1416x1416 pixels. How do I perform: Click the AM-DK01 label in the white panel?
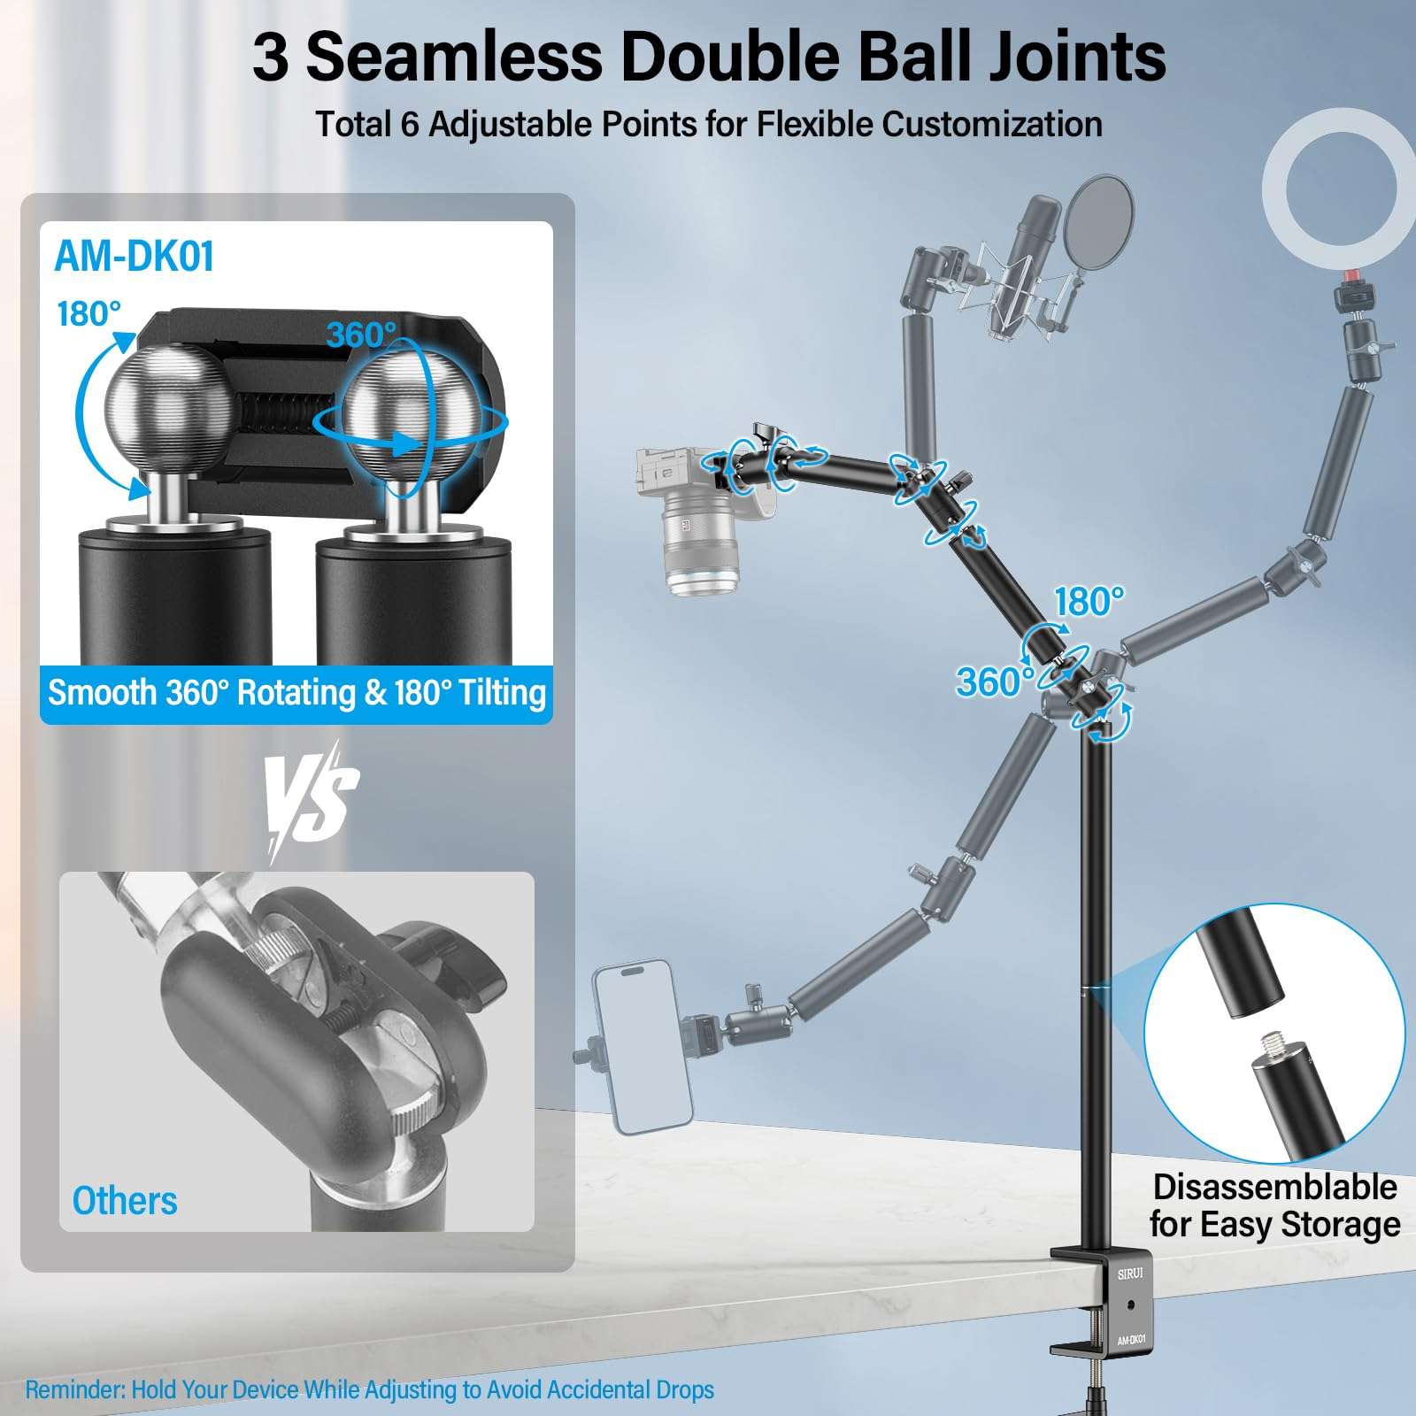click(x=135, y=257)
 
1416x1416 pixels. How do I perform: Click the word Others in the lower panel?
click(x=125, y=1201)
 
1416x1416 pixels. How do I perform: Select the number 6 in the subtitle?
click(x=409, y=125)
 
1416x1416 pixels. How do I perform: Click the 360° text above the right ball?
click(x=361, y=335)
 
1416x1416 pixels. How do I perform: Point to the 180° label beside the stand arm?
click(x=1089, y=602)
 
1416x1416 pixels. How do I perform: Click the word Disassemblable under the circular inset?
click(x=1274, y=1187)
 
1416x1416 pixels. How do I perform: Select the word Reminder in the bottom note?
click(x=74, y=1389)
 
